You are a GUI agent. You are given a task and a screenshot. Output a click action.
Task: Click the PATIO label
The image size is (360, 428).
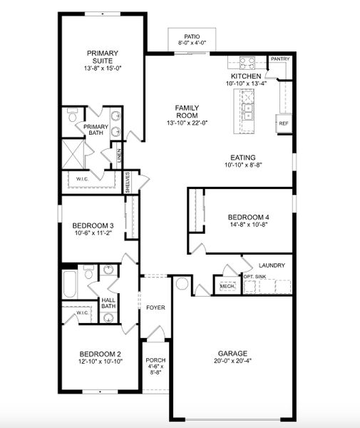point(192,35)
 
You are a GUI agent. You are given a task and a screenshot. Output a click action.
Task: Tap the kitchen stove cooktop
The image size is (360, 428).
point(247,62)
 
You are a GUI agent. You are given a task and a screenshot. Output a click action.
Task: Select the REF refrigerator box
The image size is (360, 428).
point(284,123)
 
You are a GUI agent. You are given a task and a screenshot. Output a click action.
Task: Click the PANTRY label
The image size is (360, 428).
point(279,59)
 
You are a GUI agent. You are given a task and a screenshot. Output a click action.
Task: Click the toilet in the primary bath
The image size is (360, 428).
point(73,116)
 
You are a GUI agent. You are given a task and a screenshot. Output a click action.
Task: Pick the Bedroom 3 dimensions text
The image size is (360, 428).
point(93,233)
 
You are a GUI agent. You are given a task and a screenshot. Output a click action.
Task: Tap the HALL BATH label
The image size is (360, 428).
point(108,304)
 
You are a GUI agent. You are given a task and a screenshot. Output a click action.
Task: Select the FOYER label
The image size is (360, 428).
point(155,308)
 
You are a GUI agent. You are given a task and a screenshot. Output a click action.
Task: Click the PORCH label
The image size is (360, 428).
point(155,366)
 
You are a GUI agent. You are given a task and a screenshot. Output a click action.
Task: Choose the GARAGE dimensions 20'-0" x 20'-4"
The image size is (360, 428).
point(232,363)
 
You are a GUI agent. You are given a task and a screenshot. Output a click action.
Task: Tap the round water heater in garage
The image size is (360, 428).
point(181,284)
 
